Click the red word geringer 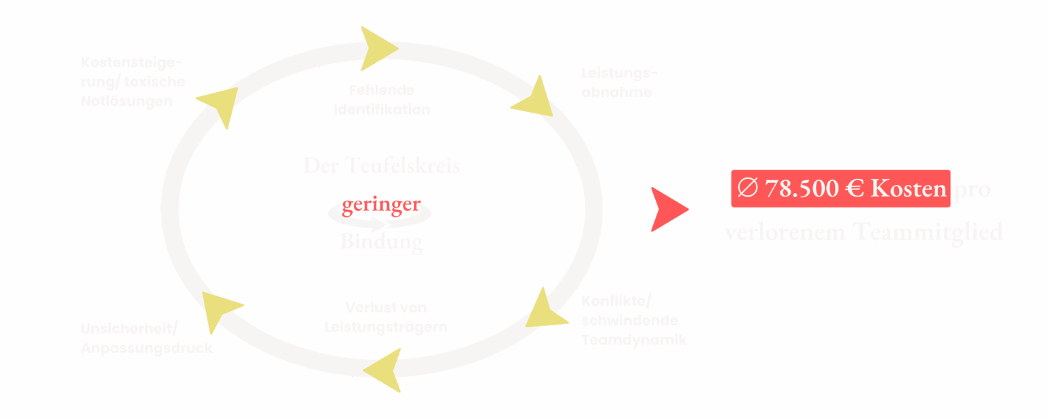pos(381,205)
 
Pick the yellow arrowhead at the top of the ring pos(377,48)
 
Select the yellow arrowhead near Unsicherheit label pos(219,309)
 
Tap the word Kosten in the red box pos(909,188)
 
